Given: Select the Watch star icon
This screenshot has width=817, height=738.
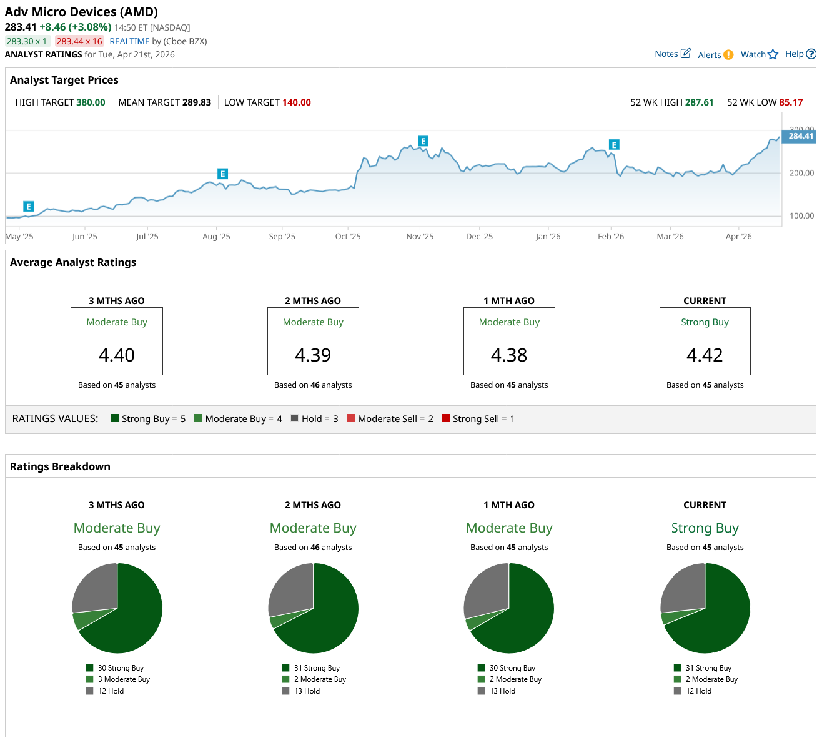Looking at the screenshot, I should coord(773,54).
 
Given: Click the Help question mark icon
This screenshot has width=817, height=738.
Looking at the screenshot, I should coord(811,54).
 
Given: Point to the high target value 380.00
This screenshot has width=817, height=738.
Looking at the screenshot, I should coord(91,102).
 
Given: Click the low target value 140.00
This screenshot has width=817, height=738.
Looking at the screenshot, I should coord(297,102).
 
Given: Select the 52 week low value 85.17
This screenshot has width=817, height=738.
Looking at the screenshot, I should coord(791,102).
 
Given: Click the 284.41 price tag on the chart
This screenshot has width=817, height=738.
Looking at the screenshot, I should coord(800,136).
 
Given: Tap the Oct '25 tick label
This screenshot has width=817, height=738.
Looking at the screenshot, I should coord(348,237).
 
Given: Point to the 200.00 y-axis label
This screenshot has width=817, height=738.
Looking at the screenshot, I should coord(802,173).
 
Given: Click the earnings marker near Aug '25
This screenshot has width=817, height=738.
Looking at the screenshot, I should coord(222,174).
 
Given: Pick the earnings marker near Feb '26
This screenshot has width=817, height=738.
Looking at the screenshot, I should coord(614,145).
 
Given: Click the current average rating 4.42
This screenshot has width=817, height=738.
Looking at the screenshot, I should coord(705,355).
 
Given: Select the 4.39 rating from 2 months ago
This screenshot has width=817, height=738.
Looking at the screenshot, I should coord(313,355).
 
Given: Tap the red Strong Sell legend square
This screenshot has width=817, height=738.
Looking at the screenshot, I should coord(445,418).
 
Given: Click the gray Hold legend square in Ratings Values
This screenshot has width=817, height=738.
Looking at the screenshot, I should coord(294,418).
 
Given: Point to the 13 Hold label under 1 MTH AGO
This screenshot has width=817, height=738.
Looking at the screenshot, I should coord(503,691).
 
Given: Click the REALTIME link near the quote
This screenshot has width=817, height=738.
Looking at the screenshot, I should coord(129,41).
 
